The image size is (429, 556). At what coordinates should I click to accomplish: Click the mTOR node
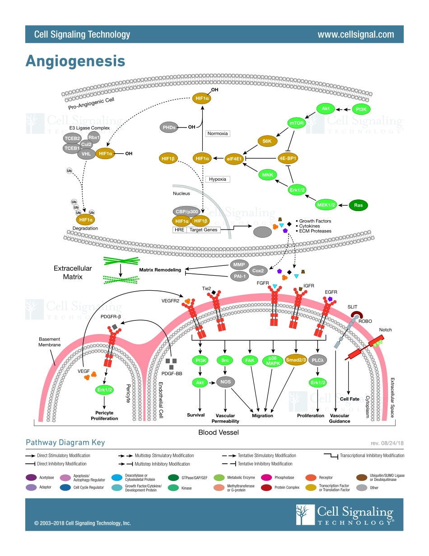coord(297,123)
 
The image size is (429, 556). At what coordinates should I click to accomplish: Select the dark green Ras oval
coord(358,205)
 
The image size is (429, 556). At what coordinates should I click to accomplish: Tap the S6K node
coord(266,141)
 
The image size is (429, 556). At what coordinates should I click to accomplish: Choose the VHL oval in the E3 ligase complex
coord(86,153)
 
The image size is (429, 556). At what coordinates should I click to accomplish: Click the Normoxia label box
coord(217,133)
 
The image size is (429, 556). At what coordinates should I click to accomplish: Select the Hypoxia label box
coord(218,179)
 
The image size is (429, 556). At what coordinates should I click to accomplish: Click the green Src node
coord(224,360)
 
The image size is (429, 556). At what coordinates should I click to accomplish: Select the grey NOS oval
coord(225,382)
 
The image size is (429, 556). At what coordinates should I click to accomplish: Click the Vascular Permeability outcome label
coord(227,418)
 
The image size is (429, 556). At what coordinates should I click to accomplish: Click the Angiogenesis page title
coord(75,61)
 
